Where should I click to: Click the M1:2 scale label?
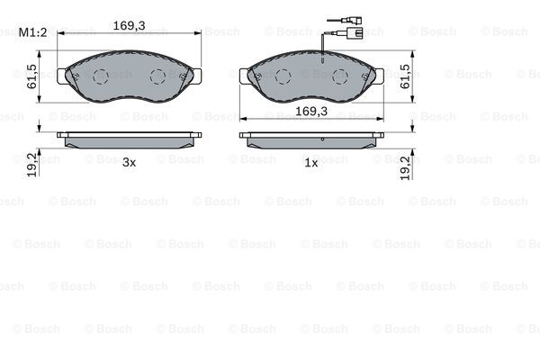coord(32,32)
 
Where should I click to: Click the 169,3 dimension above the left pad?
coord(129,25)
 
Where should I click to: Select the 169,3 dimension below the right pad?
coord(311,111)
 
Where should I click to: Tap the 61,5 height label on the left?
coord(31,76)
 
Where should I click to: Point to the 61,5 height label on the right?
coord(405,76)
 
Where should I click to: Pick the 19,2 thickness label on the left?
coord(31,166)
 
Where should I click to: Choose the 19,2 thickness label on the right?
coord(405,167)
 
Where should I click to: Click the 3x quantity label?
coord(129,163)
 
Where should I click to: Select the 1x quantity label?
coord(311,163)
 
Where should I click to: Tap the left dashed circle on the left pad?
coord(101,76)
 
